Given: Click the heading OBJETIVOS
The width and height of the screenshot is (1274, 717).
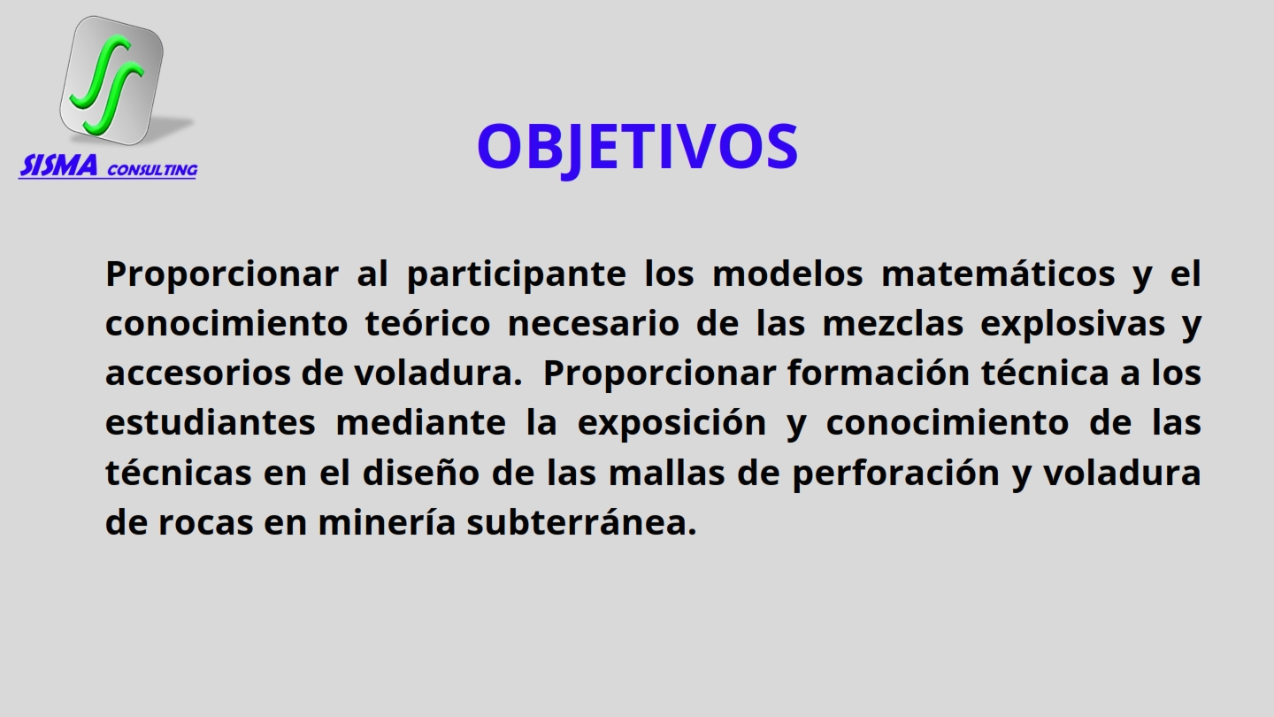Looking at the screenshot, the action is pos(638,147).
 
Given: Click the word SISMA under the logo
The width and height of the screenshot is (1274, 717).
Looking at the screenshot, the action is pos(58,166).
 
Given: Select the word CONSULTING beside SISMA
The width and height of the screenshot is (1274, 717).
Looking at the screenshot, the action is pos(152,170).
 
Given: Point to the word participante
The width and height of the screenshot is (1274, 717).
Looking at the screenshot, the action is pos(517,274).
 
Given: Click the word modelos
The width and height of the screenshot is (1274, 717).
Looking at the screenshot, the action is pos(787,274).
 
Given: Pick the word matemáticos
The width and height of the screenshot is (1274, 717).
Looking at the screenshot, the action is pos(998,274).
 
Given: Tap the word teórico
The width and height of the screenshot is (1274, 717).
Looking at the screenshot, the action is pos(427,322).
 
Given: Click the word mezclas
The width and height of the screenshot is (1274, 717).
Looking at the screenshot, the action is pos(893,322).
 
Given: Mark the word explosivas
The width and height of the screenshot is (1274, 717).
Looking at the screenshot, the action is pos(1072,324).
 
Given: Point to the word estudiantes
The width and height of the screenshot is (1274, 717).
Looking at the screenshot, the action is pos(211,421).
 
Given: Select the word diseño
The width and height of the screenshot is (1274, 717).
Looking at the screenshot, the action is pos(421,472).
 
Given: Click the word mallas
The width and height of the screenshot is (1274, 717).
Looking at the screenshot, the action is pos(666,472).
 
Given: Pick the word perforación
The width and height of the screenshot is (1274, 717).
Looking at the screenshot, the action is pos(895,474).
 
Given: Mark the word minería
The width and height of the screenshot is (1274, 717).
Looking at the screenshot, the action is pos(387,521).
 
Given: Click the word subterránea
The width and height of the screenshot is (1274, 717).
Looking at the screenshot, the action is pos(582,521).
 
